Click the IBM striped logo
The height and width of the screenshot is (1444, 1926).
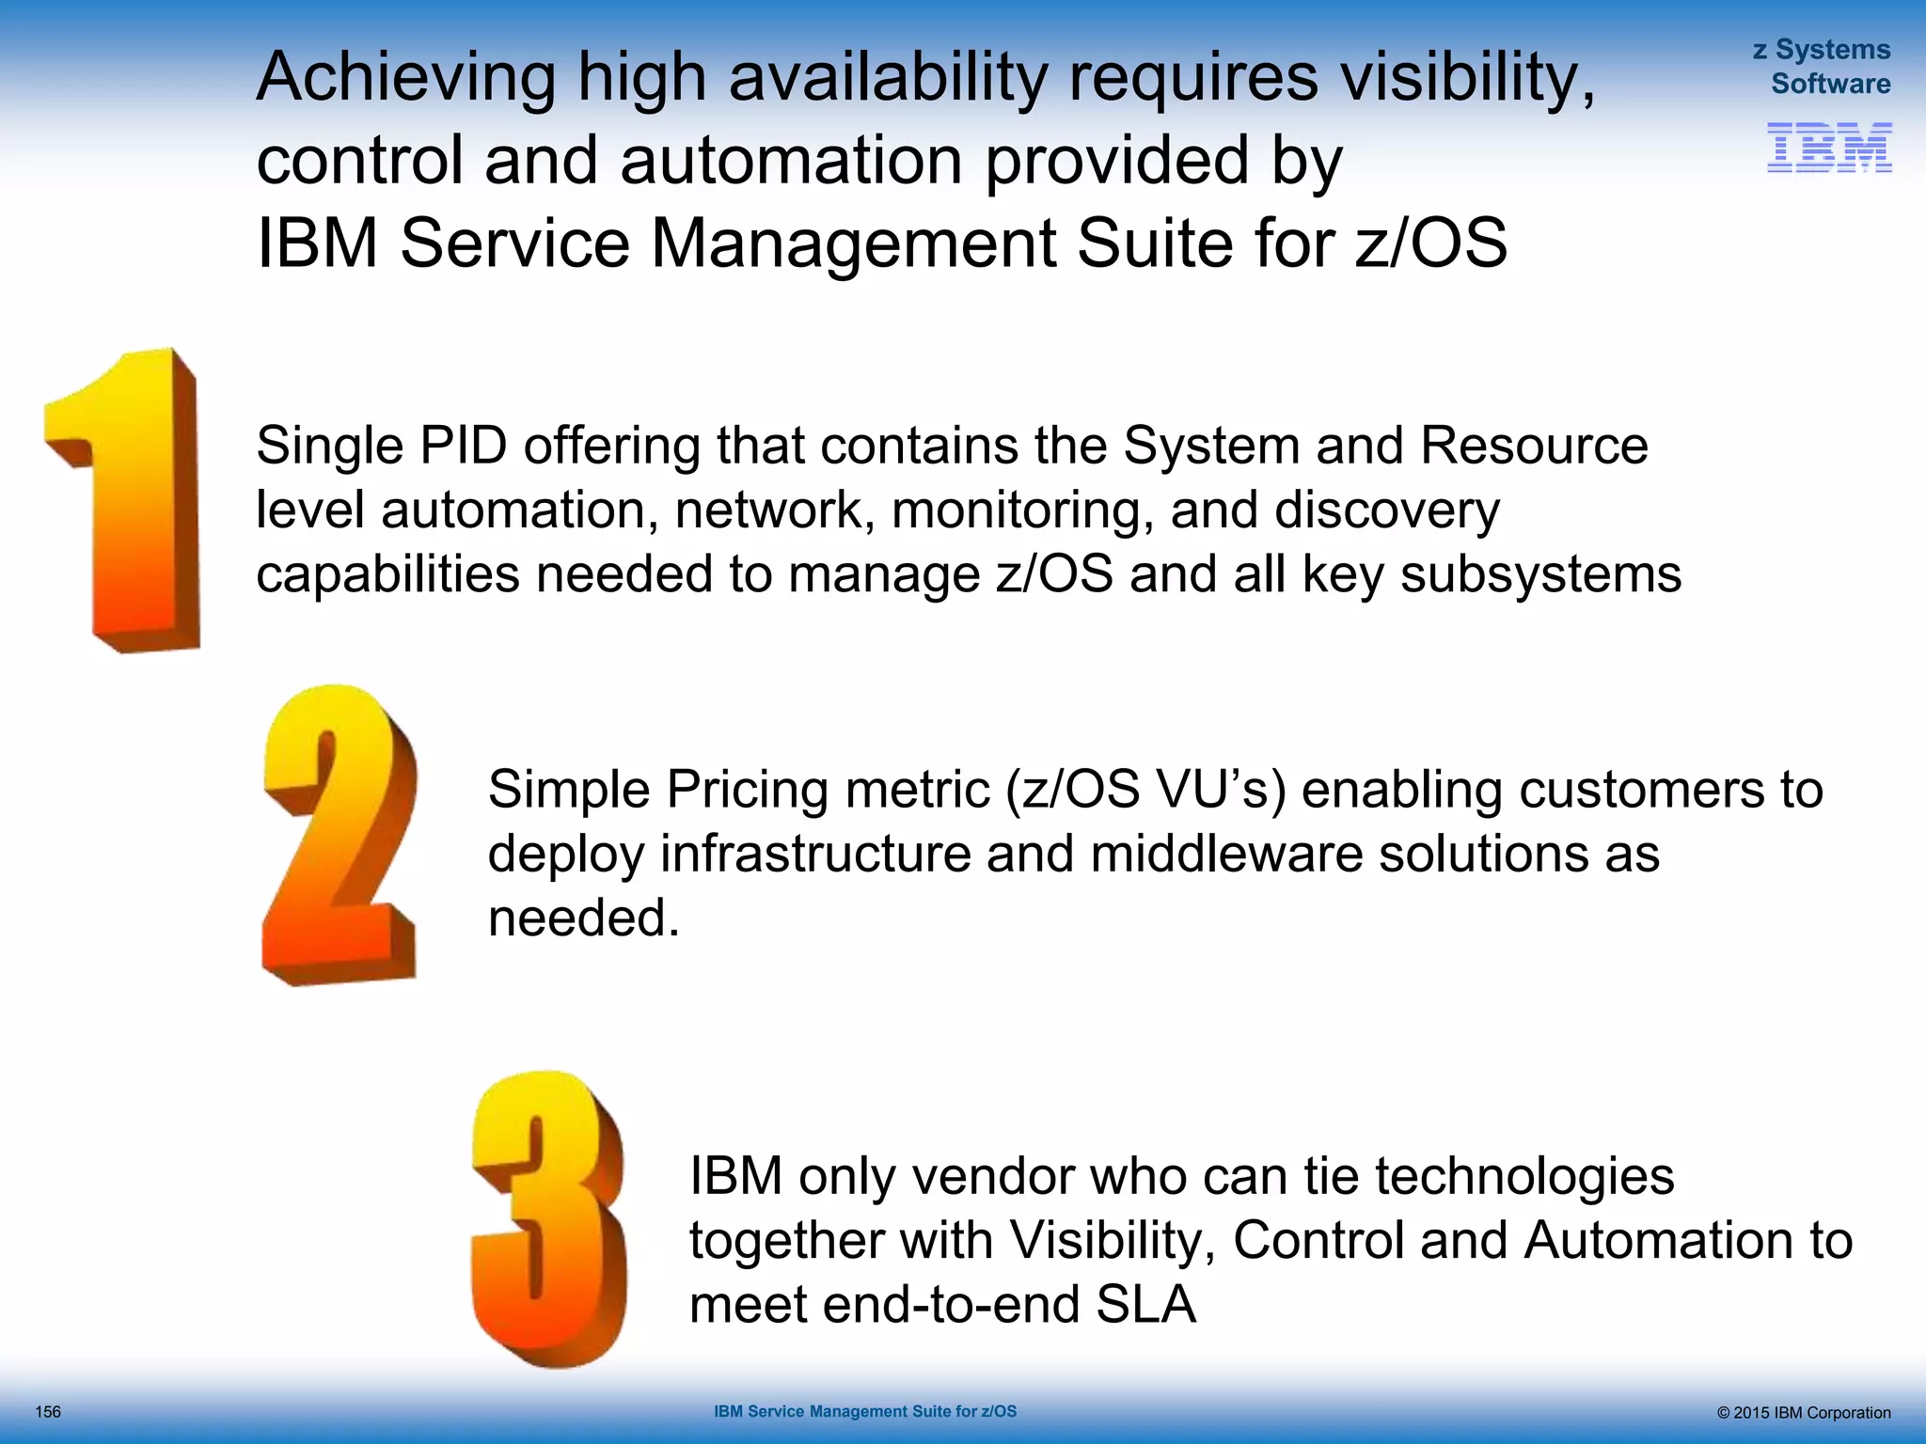coord(1828,148)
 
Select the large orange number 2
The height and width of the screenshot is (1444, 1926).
coord(339,837)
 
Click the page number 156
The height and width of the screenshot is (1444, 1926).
coord(48,1412)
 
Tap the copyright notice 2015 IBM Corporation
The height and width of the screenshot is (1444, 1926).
coord(1803,1413)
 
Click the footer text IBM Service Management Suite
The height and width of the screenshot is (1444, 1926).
coord(864,1411)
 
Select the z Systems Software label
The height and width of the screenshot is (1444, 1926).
coord(1822,67)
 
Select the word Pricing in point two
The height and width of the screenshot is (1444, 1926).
coord(748,790)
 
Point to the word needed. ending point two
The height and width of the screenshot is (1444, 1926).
coord(583,918)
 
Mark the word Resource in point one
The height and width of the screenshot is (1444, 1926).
coord(1534,446)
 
